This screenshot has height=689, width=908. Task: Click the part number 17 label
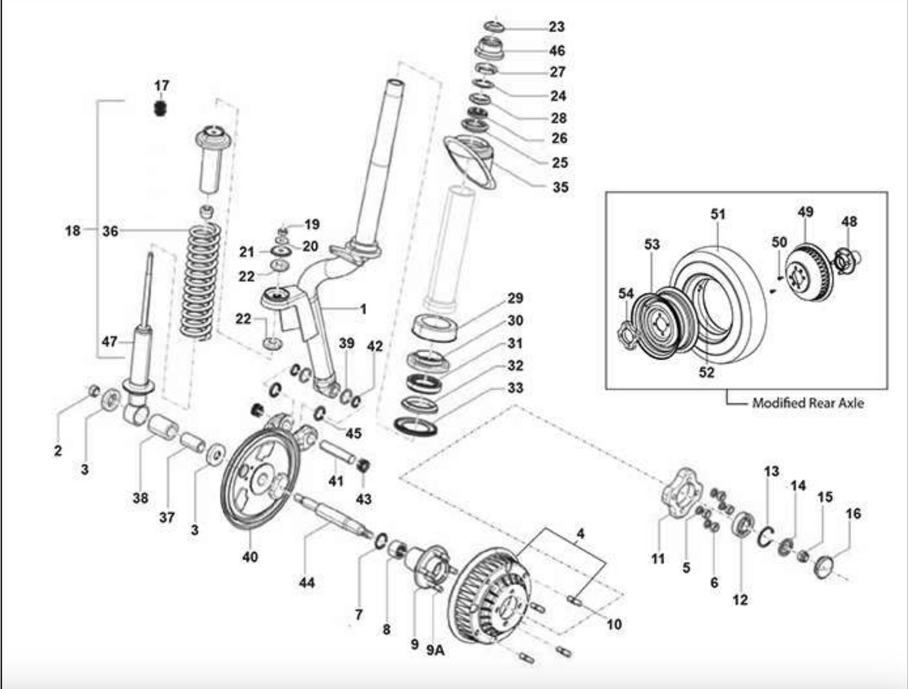[162, 85]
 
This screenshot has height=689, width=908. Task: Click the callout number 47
[109, 341]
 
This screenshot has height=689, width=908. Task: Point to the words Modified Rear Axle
[808, 403]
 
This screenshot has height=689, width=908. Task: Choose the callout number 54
[626, 294]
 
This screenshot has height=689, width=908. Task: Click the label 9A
[435, 650]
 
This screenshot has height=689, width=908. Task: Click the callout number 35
[560, 187]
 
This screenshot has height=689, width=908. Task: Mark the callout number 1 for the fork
[363, 309]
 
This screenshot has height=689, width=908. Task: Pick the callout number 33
[514, 388]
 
